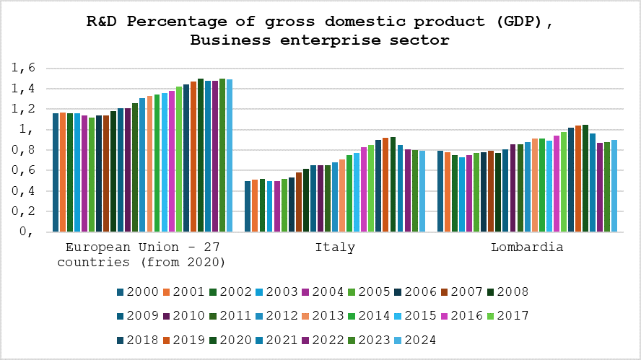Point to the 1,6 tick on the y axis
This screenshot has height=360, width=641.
pos(23,69)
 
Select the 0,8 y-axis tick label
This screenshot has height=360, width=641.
pos(23,150)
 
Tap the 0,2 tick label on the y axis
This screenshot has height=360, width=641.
pos(23,211)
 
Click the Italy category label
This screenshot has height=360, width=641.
pos(335,247)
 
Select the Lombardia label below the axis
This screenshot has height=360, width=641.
pos(527,247)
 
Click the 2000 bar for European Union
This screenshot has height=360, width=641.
pos(56,172)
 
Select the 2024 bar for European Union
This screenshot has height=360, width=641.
pos(230,156)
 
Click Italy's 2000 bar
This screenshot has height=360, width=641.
pos(248,206)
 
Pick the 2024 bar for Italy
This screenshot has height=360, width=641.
pos(422,191)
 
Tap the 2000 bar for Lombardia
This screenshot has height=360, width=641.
pos(440,191)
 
